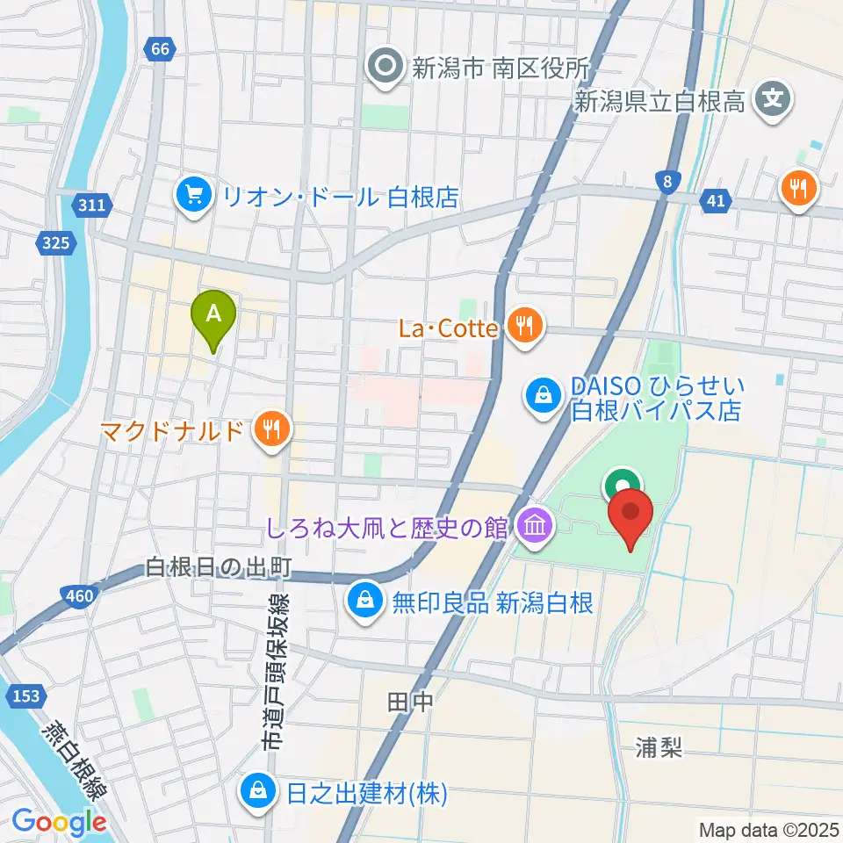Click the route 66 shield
pos(159,49)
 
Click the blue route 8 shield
pos(668,181)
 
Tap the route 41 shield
pos(716,201)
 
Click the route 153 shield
pos(26,695)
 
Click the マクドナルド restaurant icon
pos(270,430)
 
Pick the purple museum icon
pos(533,528)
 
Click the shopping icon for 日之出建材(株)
pos(259,793)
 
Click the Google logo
pos(60,823)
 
